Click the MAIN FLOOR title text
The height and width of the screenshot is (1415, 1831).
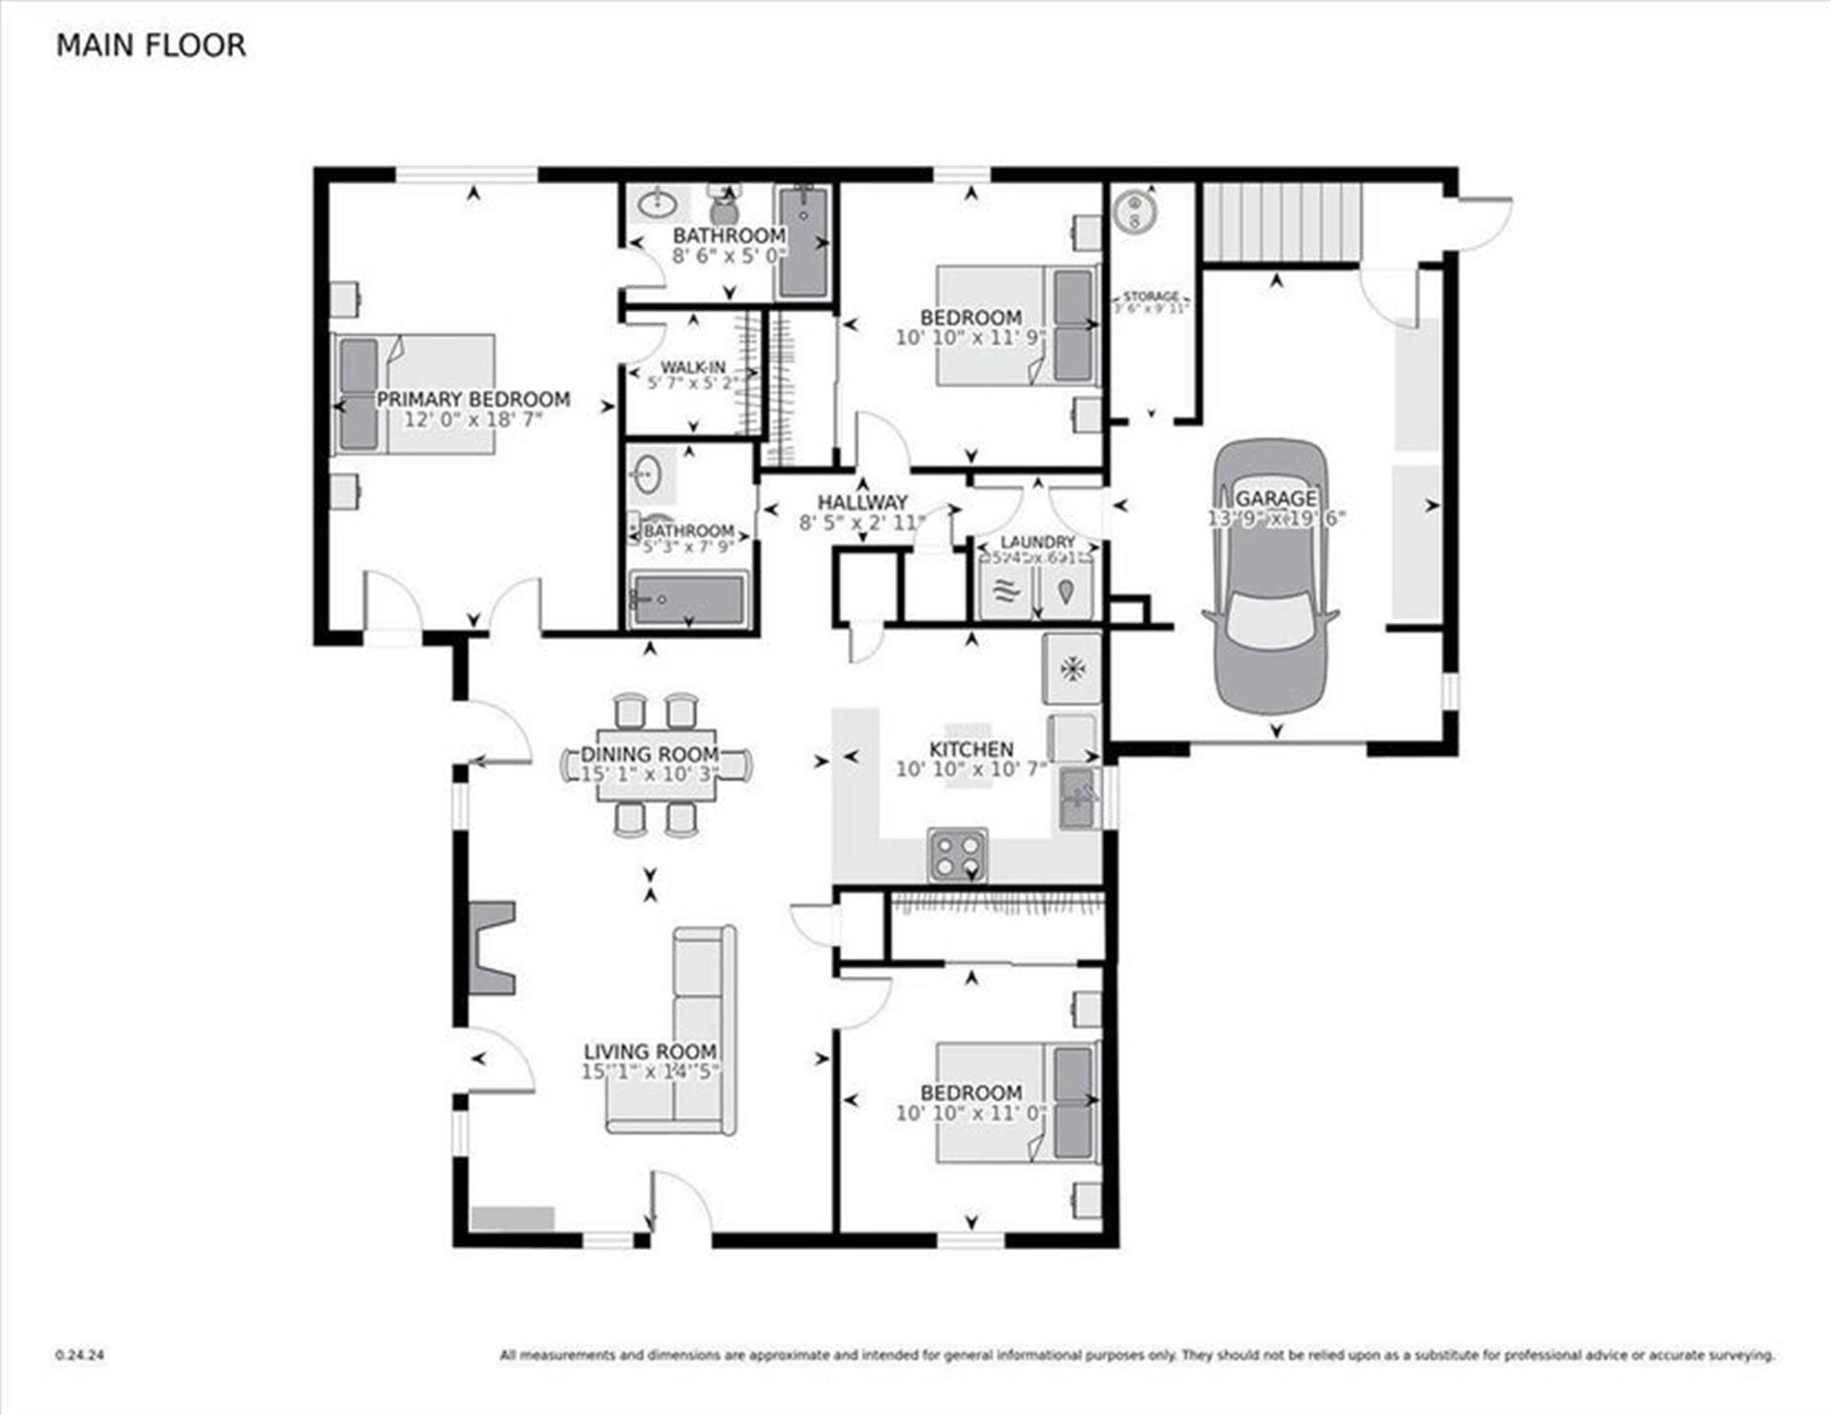(151, 45)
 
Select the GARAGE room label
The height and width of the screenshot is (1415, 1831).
(1275, 498)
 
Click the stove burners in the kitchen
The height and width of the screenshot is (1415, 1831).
(957, 855)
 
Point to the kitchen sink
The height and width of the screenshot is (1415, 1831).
(1078, 798)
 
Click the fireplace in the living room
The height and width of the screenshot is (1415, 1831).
(491, 949)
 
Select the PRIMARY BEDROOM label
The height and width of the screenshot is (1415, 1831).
(473, 400)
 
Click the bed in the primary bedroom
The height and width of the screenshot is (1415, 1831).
(413, 393)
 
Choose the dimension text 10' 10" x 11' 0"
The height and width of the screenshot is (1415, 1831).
(971, 1113)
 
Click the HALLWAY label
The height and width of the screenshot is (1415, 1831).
(862, 502)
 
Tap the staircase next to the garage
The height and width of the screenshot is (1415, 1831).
(1280, 221)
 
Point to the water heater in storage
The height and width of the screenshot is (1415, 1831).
(1134, 211)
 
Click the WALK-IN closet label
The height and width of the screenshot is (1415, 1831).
(692, 367)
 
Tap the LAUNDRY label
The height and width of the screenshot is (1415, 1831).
(1038, 542)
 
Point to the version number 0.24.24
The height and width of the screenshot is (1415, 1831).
(80, 1355)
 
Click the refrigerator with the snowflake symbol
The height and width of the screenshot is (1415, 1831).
(1073, 667)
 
